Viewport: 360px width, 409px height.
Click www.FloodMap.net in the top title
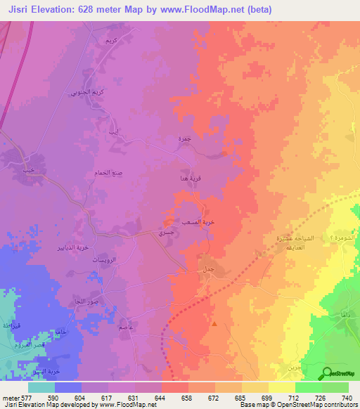click(x=208, y=10)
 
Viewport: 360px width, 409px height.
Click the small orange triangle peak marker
click(x=214, y=325)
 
